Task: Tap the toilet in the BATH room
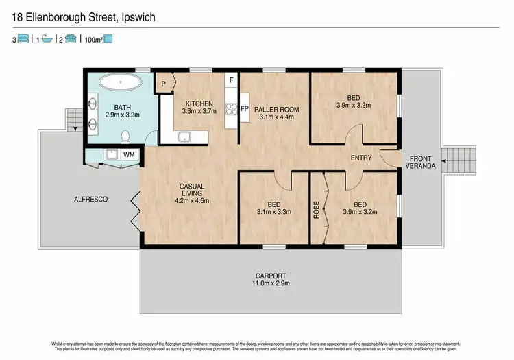point(126,135)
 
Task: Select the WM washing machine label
point(128,156)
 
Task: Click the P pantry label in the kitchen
point(164,84)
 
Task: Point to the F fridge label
point(232,81)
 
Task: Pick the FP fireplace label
point(244,108)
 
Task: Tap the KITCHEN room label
point(199,104)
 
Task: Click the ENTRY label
point(360,158)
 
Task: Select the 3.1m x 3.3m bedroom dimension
point(273,212)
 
